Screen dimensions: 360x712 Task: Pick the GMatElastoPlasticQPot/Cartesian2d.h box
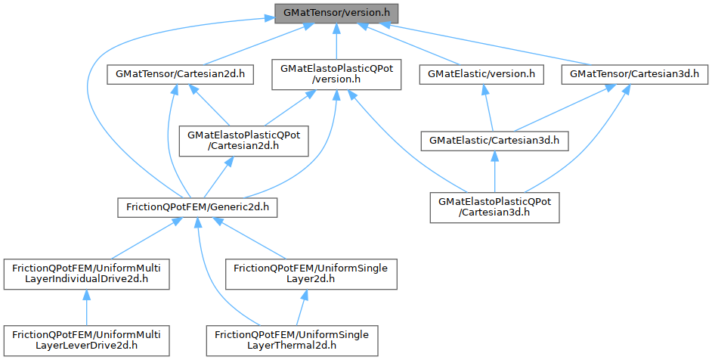243,140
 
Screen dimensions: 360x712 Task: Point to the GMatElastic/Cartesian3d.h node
494,140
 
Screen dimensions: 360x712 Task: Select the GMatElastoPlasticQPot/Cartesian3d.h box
494,206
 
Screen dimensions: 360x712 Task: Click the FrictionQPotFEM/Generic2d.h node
197,206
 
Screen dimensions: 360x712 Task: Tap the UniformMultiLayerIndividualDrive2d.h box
85,272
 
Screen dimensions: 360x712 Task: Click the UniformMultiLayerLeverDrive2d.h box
85,339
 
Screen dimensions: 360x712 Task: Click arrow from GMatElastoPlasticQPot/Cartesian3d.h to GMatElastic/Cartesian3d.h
494,173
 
